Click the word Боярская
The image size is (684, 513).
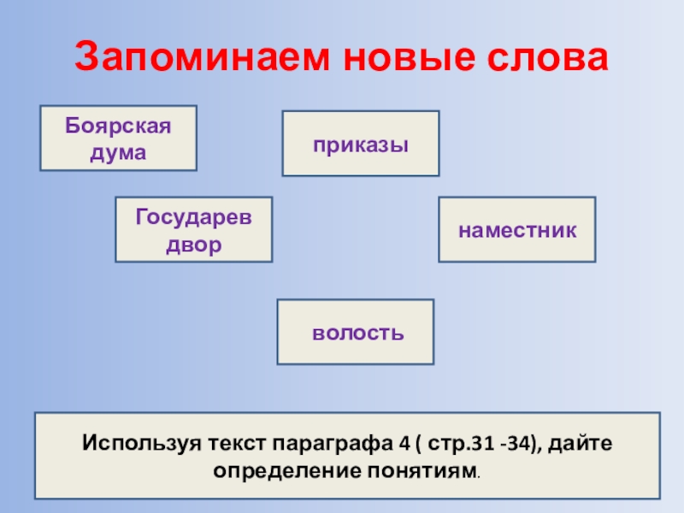tap(119, 127)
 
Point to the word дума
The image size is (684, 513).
tap(119, 151)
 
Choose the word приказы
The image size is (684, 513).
tap(360, 144)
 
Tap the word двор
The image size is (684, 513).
tap(194, 244)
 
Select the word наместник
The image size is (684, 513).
tap(516, 229)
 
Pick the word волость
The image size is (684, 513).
tap(357, 332)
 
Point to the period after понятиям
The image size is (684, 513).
tap(476, 475)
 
